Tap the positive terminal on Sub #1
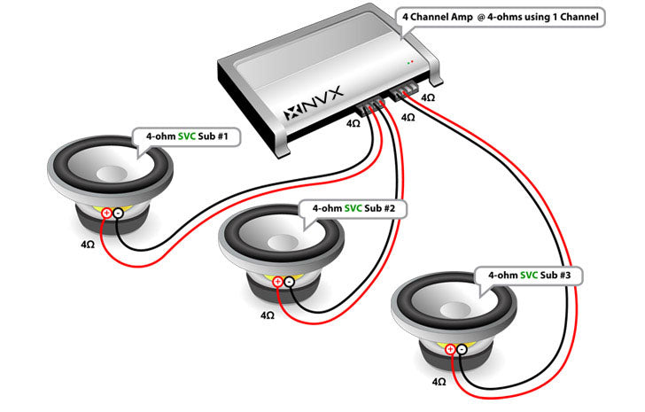tap(106, 213)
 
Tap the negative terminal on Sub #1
tap(117, 213)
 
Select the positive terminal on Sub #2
tap(278, 282)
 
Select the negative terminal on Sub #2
tap(289, 282)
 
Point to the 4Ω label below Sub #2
tap(268, 314)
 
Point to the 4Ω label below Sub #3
tap(438, 381)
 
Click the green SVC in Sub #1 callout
tap(187, 137)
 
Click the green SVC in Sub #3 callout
tap(529, 276)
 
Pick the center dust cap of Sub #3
tap(453, 310)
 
